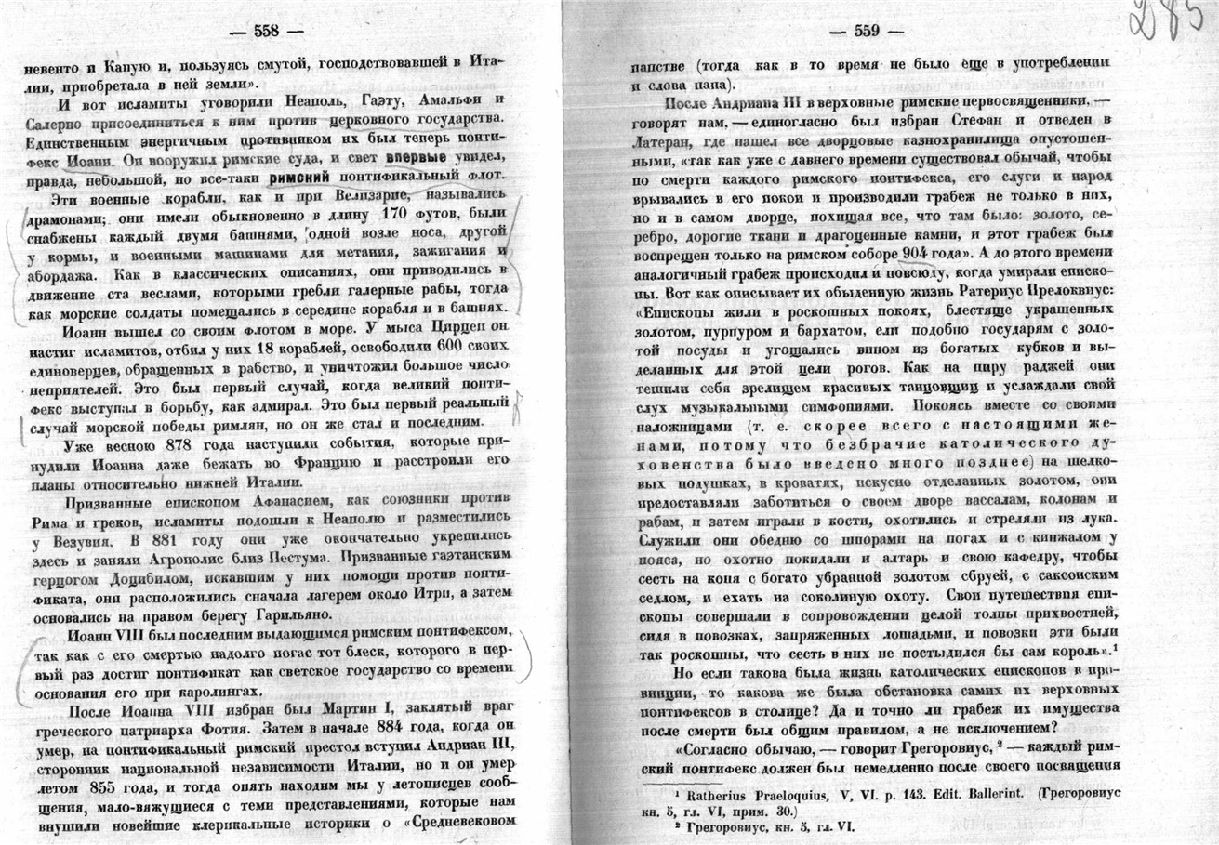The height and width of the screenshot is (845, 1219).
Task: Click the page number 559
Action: [x=867, y=31]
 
